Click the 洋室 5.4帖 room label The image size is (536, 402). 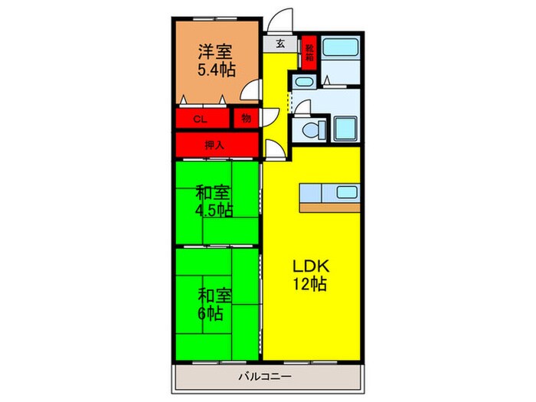217,60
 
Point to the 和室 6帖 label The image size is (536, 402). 211,304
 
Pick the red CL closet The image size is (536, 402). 201,119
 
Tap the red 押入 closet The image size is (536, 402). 214,144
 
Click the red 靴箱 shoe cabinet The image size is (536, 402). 309,52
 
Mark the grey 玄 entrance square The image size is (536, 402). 281,44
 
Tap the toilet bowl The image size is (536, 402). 310,129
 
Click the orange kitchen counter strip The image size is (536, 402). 330,207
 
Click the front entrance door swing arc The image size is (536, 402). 281,19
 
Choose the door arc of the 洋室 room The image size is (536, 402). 250,92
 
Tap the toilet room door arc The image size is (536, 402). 301,107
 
